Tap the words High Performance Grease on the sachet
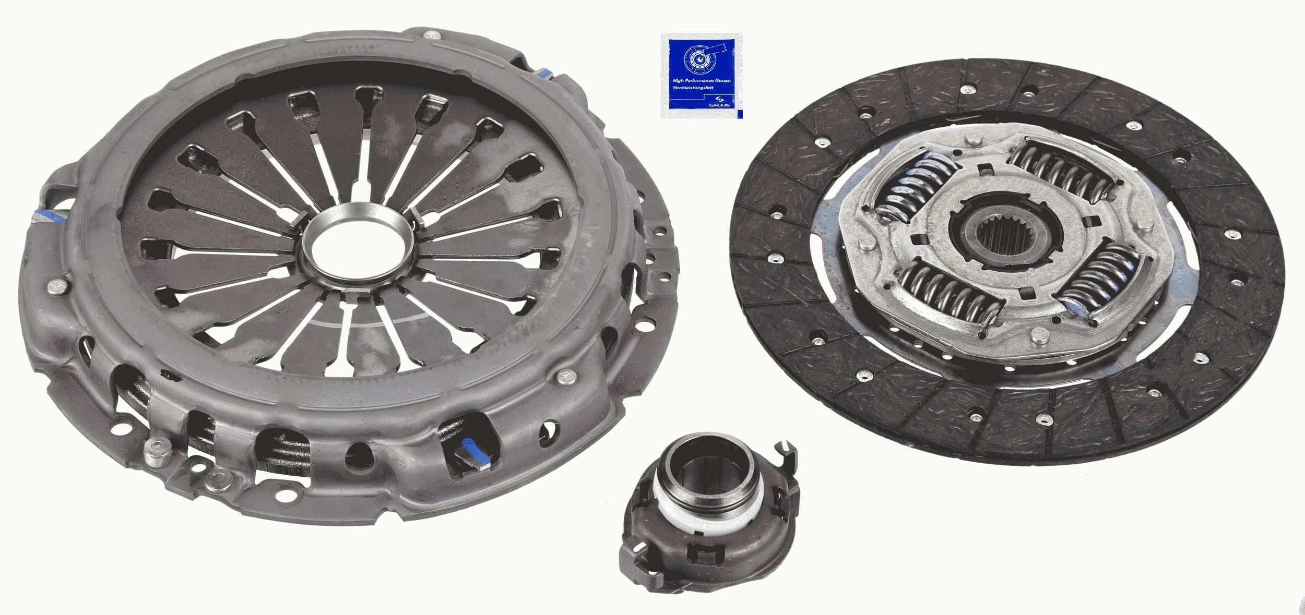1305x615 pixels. point(701,81)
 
